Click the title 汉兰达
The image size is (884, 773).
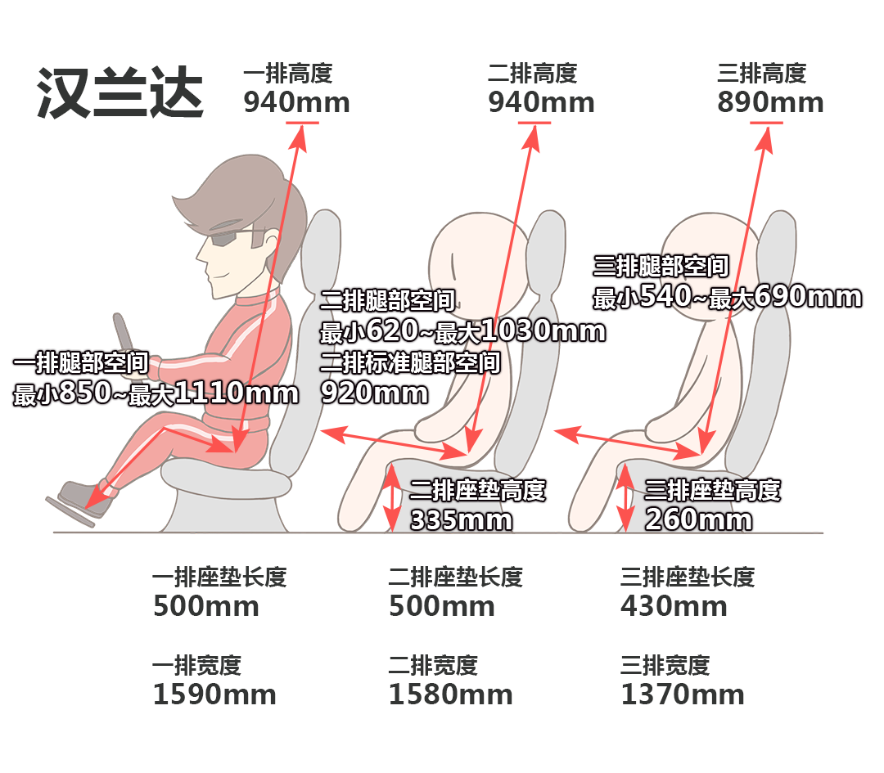(120, 93)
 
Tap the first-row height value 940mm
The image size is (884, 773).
(296, 102)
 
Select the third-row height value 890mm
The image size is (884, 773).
(770, 102)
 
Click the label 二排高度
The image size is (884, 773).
(533, 74)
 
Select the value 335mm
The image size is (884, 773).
(461, 520)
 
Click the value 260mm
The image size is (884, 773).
(698, 519)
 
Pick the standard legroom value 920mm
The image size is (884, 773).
(374, 393)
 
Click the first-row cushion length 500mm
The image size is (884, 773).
(205, 606)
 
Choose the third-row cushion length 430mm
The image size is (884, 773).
(674, 606)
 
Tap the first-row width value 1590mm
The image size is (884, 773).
(214, 694)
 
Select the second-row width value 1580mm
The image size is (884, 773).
(450, 694)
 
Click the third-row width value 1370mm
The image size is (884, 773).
(682, 694)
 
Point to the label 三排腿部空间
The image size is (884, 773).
(661, 266)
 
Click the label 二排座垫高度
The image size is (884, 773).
(477, 490)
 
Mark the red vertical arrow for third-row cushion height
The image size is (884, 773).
(625, 497)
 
